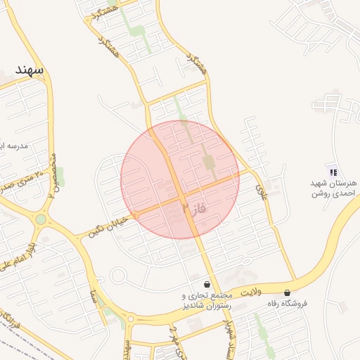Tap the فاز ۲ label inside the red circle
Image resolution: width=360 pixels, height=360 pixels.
194,208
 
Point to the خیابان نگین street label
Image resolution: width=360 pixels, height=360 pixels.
108,224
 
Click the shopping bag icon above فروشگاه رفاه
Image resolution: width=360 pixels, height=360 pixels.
287,292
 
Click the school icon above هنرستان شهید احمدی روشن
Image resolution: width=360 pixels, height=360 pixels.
333,172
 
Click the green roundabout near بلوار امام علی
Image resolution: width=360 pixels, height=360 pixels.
41,219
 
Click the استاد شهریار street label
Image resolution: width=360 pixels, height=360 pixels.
229,336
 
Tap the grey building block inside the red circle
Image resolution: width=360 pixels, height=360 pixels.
209,162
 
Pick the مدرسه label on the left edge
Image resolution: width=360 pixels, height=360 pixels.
14,146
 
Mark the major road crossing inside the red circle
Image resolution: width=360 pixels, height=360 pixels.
179,195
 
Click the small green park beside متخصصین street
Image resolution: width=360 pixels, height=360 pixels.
60,176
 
